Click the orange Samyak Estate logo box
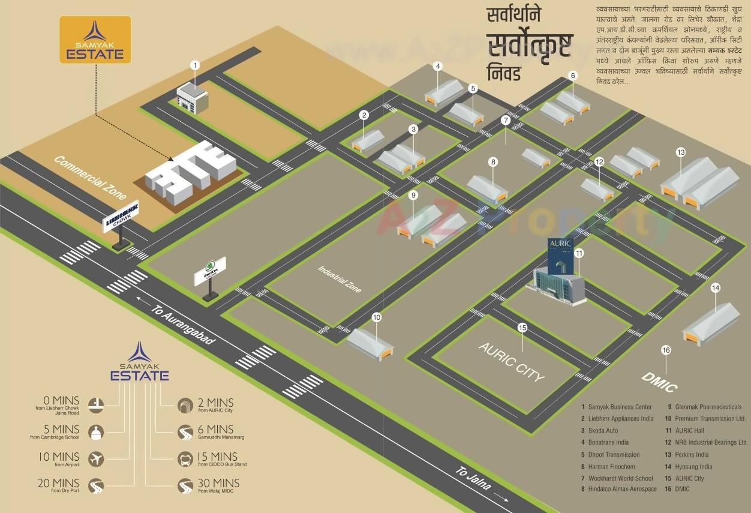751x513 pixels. pos(95,40)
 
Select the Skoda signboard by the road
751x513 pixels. pos(210,271)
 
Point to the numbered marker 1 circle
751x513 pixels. pos(194,65)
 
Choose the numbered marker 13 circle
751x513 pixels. pos(680,152)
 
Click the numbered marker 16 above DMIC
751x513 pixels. pos(666,350)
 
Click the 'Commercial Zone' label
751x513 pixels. pos(90,178)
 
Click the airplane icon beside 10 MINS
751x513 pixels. pos(96,460)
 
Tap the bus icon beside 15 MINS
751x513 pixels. pos(186,460)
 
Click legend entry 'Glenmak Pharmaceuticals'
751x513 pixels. pos(708,407)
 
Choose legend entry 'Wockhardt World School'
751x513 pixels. pos(620,478)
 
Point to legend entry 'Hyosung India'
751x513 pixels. pos(696,466)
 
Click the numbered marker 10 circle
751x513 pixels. pos(377,317)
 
